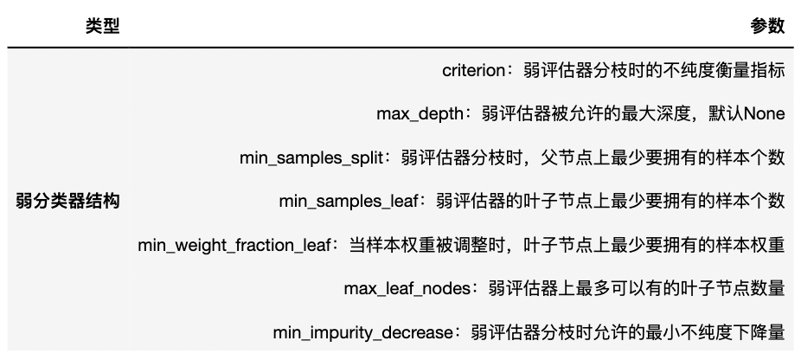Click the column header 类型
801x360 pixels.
[102, 27]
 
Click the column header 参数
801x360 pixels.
[767, 27]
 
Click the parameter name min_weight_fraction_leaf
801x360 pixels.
[235, 246]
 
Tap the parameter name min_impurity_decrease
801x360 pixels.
[362, 332]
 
